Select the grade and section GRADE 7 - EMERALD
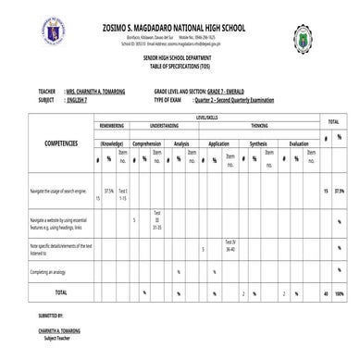[220, 92]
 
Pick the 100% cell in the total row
[340, 293]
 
